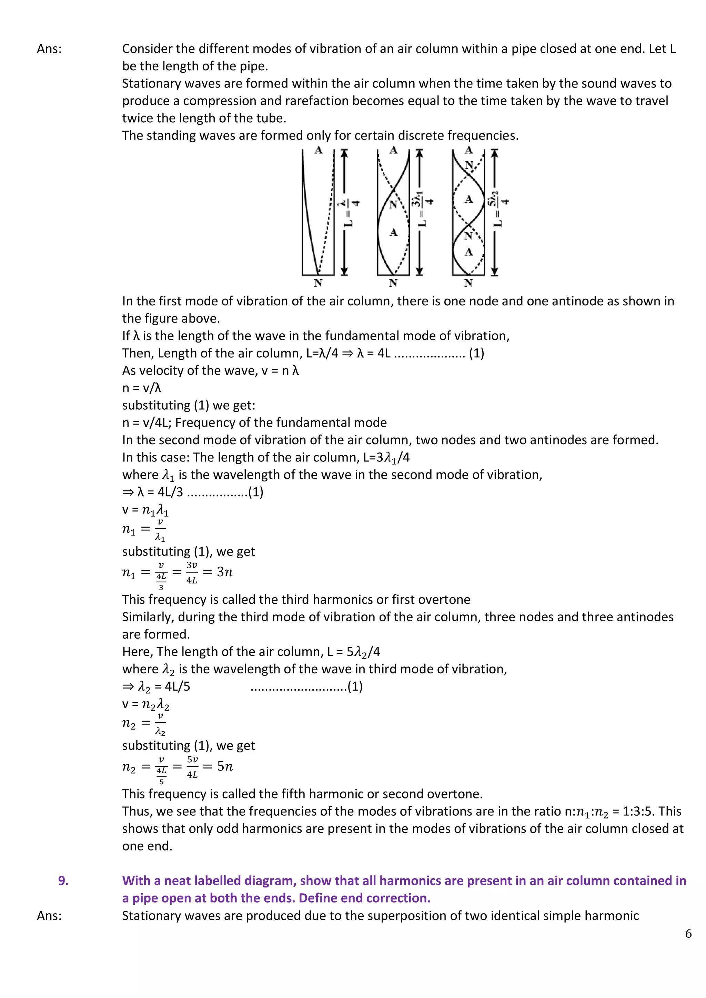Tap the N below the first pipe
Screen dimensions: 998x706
click(318, 283)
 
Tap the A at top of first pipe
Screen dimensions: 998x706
click(319, 150)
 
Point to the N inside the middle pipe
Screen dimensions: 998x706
click(393, 204)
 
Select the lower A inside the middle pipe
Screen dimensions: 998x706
click(393, 233)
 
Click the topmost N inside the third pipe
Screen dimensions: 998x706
click(468, 165)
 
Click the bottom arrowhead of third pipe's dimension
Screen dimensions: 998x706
click(494, 272)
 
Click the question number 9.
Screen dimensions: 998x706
click(63, 880)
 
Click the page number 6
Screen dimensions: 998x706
click(688, 934)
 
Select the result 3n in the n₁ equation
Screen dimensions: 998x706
click(225, 572)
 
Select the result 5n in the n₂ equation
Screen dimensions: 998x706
click(225, 766)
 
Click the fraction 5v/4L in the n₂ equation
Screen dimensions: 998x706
click(192, 767)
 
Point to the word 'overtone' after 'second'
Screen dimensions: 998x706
click(454, 794)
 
